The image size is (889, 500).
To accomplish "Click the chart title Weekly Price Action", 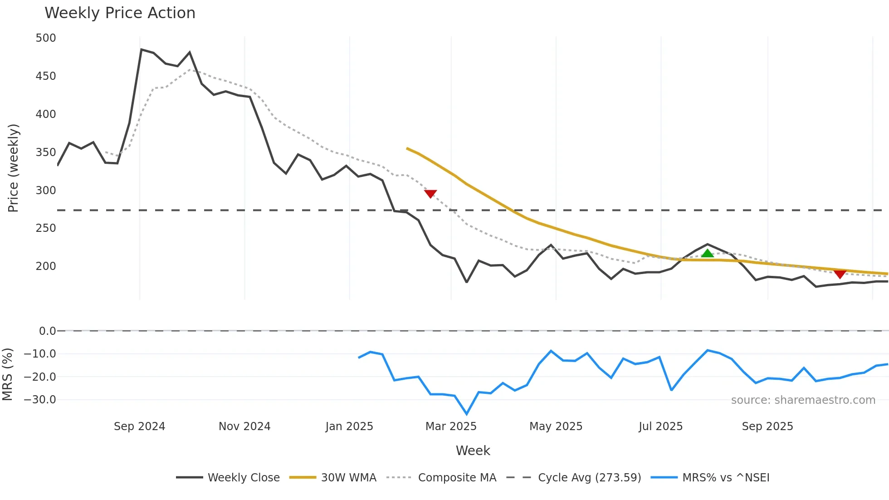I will pyautogui.click(x=120, y=13).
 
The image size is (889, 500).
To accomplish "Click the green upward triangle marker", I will pyautogui.click(x=708, y=254).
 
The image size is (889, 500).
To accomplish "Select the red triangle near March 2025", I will pyautogui.click(x=430, y=194).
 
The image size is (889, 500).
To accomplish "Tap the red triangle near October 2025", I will pyautogui.click(x=840, y=274).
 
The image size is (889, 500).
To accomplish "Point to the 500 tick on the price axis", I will pyautogui.click(x=46, y=38).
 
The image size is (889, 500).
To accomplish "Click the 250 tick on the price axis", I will pyautogui.click(x=46, y=228).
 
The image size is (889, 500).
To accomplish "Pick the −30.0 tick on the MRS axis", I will pyautogui.click(x=40, y=400).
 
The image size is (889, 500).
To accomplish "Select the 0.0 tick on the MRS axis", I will pyautogui.click(x=47, y=331).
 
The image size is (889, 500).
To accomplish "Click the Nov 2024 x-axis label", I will pyautogui.click(x=244, y=426).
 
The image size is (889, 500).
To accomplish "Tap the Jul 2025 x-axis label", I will pyautogui.click(x=660, y=426).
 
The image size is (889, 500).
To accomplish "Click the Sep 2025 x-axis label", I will pyautogui.click(x=767, y=426).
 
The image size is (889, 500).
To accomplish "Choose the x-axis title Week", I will pyautogui.click(x=473, y=451).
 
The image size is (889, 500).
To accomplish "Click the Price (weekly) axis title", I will pyautogui.click(x=13, y=168).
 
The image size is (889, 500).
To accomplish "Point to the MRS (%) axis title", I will pyautogui.click(x=7, y=374).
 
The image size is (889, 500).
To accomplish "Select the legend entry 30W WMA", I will pyautogui.click(x=348, y=478).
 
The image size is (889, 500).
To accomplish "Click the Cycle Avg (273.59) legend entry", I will pyautogui.click(x=589, y=478).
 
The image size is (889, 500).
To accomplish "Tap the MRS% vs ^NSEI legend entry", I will pyautogui.click(x=726, y=478).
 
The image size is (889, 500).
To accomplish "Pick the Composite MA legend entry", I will pyautogui.click(x=457, y=478).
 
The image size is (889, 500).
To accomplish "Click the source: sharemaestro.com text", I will pyautogui.click(x=803, y=400).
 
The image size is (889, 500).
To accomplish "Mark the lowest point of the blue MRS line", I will pyautogui.click(x=467, y=414).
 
